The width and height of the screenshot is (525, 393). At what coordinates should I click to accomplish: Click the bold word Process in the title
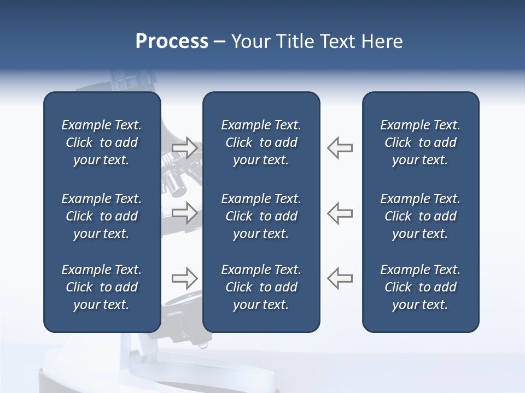click(x=172, y=41)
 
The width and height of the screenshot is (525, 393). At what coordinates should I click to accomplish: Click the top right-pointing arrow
click(x=185, y=148)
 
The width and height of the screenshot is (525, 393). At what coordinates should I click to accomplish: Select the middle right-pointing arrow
click(x=185, y=213)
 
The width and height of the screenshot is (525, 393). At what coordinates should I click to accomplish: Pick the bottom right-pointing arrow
click(x=185, y=278)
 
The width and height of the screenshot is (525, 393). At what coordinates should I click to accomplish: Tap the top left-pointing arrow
click(x=340, y=148)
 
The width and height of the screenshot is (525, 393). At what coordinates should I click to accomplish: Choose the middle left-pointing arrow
click(x=340, y=213)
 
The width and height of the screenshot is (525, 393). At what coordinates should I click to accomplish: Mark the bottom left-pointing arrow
click(x=340, y=278)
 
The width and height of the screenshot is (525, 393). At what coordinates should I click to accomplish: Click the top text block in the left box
click(x=102, y=142)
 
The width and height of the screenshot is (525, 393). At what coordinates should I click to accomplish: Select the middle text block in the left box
click(x=102, y=216)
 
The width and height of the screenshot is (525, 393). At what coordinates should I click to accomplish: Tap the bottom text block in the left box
click(x=102, y=287)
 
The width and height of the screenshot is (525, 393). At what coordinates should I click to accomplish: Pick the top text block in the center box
click(x=261, y=142)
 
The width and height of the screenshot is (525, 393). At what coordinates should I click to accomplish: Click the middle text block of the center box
click(x=261, y=216)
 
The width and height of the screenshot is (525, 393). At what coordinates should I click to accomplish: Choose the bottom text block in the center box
click(x=261, y=287)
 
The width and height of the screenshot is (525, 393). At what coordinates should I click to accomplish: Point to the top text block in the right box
click(x=420, y=142)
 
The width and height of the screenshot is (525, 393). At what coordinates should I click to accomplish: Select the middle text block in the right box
click(x=420, y=216)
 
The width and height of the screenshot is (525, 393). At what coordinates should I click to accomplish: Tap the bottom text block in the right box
click(x=420, y=287)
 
